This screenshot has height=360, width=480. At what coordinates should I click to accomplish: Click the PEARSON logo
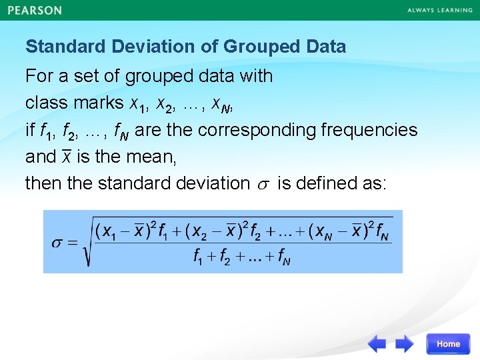[x=35, y=11]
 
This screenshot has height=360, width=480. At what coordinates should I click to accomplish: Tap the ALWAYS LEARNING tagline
[x=439, y=11]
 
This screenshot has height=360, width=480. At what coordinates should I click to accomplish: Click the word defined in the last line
[x=324, y=183]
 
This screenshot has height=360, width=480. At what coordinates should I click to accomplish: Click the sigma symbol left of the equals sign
[x=58, y=241]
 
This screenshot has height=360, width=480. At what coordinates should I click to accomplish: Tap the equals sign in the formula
[x=73, y=241]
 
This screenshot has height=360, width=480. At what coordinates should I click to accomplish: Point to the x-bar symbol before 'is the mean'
[x=66, y=156]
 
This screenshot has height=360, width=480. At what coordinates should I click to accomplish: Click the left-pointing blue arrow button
[x=377, y=344]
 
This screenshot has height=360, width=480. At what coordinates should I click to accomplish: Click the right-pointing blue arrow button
[x=405, y=344]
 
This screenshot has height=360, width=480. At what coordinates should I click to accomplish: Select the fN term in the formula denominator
[x=283, y=257]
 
